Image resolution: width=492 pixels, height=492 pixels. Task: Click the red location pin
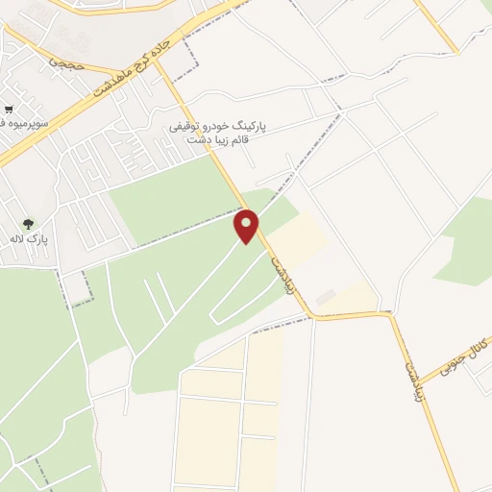248,227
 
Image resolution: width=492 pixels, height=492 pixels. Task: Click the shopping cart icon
8,110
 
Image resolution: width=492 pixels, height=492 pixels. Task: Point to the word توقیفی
190,127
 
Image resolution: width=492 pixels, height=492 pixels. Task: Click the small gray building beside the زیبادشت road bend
326,298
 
